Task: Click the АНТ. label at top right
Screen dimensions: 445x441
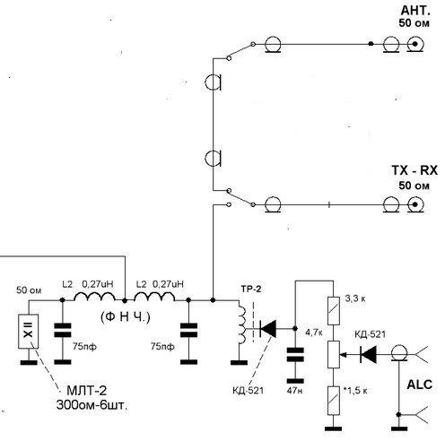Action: pyautogui.click(x=415, y=11)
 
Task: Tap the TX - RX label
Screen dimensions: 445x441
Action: pyautogui.click(x=414, y=170)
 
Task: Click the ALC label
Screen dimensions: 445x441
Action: pyautogui.click(x=420, y=385)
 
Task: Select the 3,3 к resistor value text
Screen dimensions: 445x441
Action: pyautogui.click(x=355, y=298)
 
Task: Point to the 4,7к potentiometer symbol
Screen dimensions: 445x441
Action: pyautogui.click(x=334, y=354)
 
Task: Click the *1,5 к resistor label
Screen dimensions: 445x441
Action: pyautogui.click(x=355, y=391)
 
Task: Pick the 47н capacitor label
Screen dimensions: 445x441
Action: pyautogui.click(x=294, y=390)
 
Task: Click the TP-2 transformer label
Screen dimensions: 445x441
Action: pyautogui.click(x=251, y=289)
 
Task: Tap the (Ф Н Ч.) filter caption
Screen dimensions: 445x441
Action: pyautogui.click(x=126, y=317)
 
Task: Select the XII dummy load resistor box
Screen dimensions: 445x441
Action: pyautogui.click(x=29, y=332)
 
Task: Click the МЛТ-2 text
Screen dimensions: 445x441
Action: pyautogui.click(x=87, y=391)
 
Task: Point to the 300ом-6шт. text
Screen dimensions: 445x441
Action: pyautogui.click(x=92, y=405)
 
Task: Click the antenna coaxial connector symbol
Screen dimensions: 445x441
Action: pyautogui.click(x=415, y=45)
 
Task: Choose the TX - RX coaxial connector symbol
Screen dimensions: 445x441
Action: pyautogui.click(x=415, y=205)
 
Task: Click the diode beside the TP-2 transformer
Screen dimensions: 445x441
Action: pyautogui.click(x=267, y=328)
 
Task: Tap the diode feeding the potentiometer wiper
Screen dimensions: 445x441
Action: pyautogui.click(x=368, y=355)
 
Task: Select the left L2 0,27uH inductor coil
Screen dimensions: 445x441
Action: pyautogui.click(x=94, y=296)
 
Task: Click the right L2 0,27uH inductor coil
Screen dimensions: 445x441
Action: pyautogui.click(x=154, y=296)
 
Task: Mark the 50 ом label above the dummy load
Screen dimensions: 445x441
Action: pyautogui.click(x=29, y=290)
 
